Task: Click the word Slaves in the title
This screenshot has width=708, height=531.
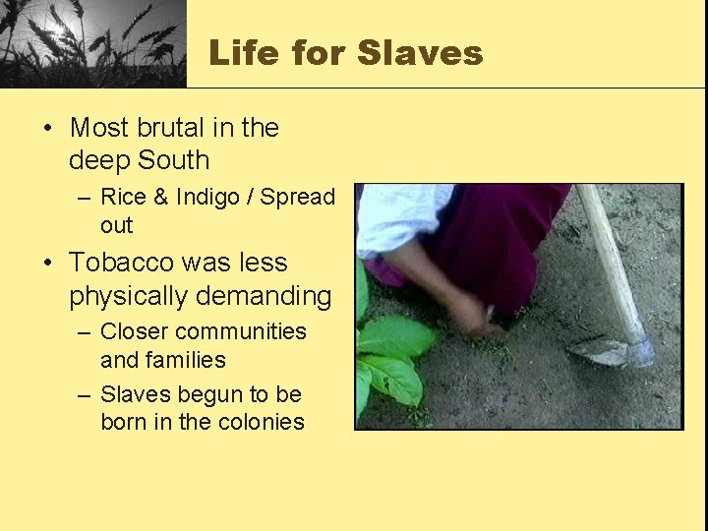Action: pos(420,52)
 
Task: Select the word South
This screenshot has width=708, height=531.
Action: pos(173,160)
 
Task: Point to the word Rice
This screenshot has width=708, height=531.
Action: pos(126,198)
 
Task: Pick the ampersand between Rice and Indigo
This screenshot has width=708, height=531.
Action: pos(164,198)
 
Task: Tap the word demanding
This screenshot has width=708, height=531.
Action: pos(267,295)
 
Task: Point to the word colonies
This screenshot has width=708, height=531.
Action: pos(260,423)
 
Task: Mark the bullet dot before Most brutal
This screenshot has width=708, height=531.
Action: pos(48,129)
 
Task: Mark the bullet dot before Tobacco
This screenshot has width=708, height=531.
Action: pos(48,264)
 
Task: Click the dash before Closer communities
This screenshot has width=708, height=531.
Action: pos(86,333)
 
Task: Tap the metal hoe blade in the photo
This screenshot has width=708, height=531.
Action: pos(614,350)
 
